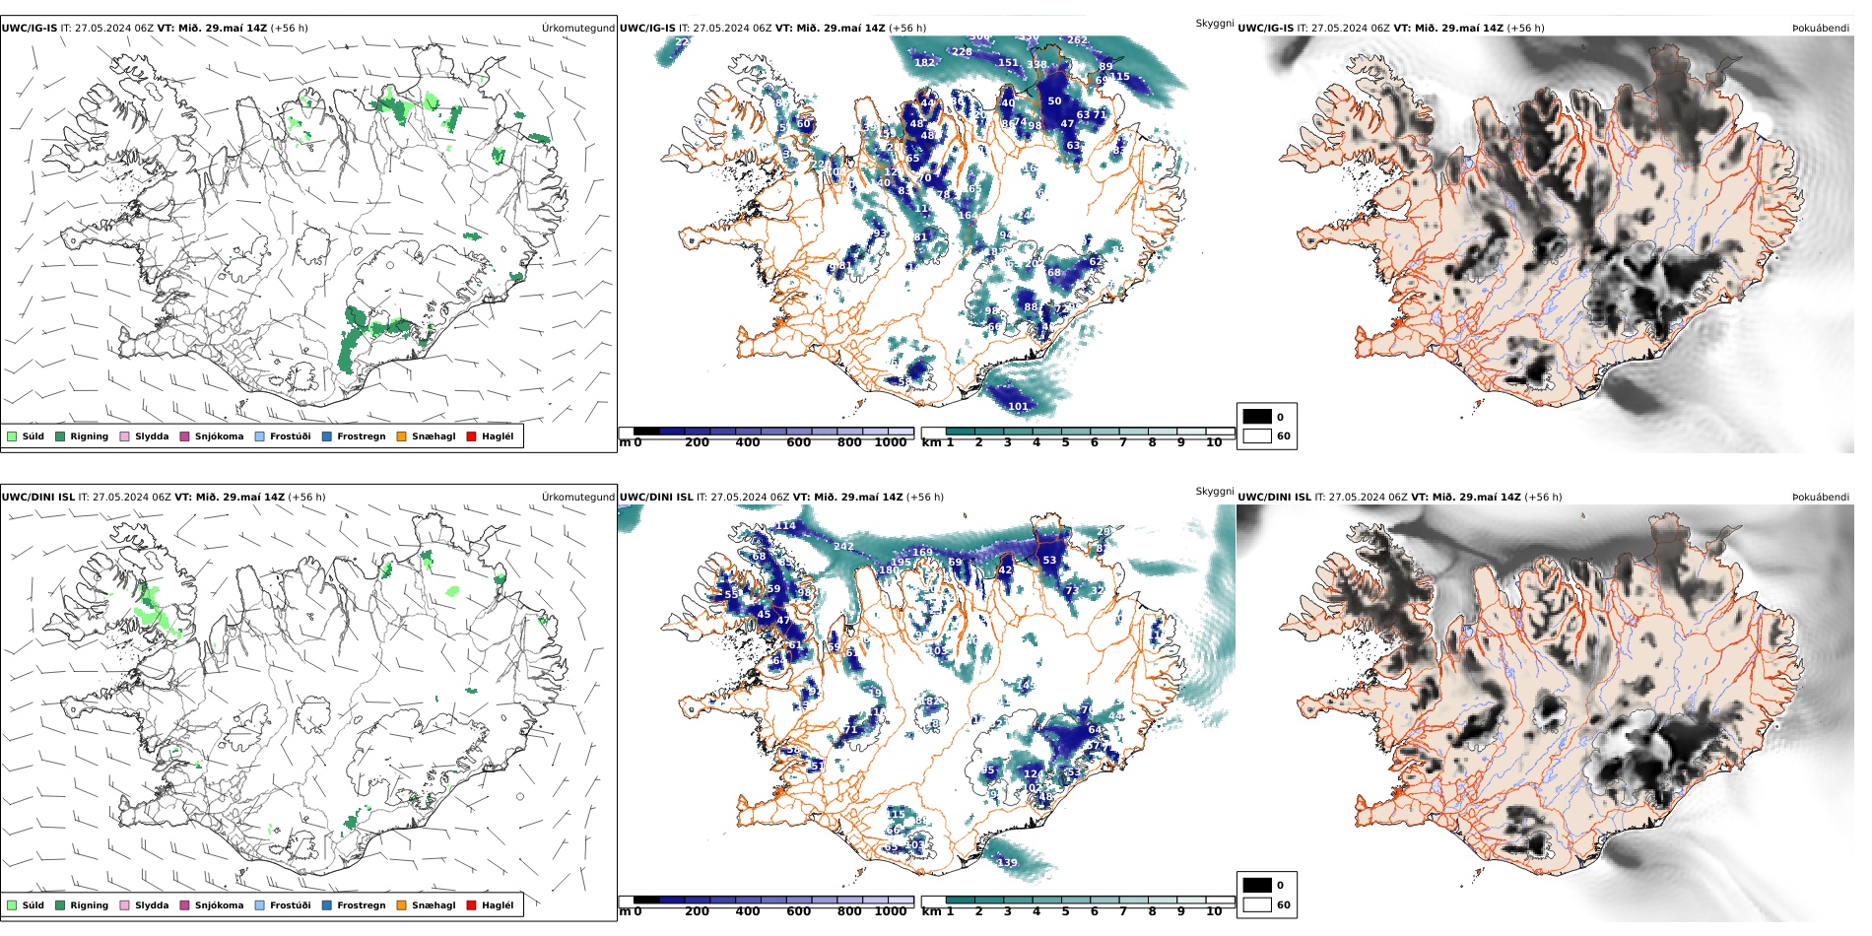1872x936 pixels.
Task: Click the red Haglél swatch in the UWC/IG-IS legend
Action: point(471,436)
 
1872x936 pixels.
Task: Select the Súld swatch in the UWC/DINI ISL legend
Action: point(12,905)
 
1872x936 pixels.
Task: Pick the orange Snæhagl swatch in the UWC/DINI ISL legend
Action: point(401,905)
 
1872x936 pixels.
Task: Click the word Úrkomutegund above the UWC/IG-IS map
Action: point(577,29)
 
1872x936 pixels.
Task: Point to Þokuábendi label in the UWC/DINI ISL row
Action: point(1820,498)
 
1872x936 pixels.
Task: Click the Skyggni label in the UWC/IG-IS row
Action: point(1214,23)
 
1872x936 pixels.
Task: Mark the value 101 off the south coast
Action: point(1018,406)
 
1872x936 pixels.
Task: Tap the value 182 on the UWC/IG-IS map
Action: point(924,63)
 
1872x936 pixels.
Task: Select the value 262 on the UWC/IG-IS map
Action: point(1077,41)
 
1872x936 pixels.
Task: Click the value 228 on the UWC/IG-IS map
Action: point(962,52)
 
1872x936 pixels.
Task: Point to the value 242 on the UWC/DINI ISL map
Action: point(843,547)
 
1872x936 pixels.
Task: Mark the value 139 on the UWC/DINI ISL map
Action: point(1007,863)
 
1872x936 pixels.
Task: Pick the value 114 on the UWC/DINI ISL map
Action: point(785,526)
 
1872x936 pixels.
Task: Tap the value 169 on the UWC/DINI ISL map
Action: point(922,553)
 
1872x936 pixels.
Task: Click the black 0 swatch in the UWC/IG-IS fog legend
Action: point(1257,417)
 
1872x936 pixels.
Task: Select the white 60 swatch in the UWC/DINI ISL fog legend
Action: point(1257,904)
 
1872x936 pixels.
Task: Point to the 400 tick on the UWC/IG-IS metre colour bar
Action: point(748,442)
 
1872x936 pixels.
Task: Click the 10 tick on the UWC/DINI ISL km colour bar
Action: point(1214,911)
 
